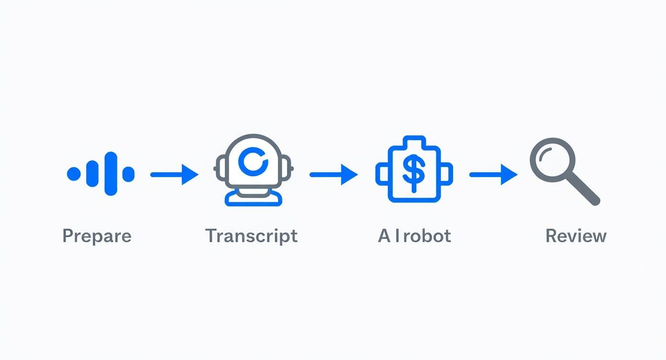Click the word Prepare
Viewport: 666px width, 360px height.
coord(97,236)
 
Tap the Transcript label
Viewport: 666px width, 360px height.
coord(252,236)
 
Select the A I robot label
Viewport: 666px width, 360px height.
coord(414,236)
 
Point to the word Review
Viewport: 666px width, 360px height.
coord(576,236)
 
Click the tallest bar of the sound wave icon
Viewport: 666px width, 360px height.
coord(111,174)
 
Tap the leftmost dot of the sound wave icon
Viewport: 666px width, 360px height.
coord(74,174)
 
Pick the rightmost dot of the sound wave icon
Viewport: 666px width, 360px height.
coord(128,174)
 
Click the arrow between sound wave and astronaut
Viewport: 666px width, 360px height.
coord(175,175)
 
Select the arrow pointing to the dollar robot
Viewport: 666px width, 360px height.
coord(333,175)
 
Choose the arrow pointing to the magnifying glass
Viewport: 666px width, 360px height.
coord(494,175)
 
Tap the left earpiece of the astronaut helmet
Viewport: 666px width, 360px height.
coord(220,169)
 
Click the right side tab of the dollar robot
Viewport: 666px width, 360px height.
coord(446,174)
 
